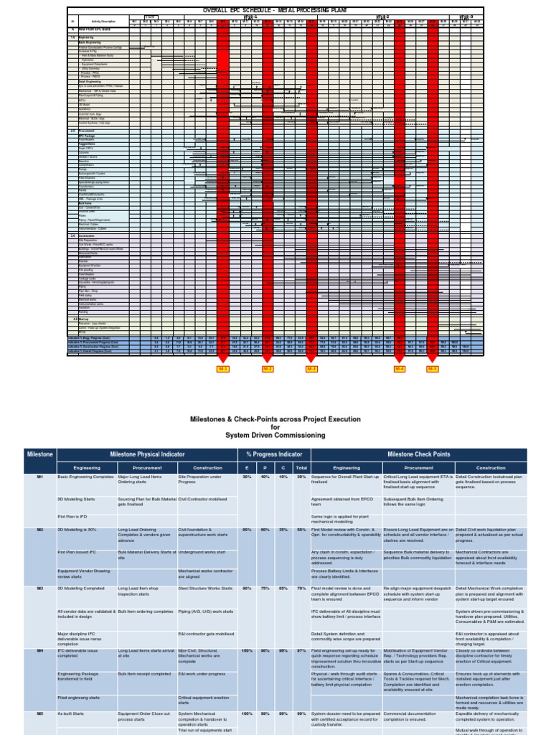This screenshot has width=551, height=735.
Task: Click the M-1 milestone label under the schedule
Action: (223, 369)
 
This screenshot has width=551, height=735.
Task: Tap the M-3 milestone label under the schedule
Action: (312, 369)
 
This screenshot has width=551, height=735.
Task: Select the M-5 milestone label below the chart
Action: (433, 369)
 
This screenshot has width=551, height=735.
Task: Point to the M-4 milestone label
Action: (400, 369)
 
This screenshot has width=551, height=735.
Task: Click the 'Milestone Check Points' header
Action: (419, 455)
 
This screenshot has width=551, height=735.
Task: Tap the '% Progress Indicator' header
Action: (273, 455)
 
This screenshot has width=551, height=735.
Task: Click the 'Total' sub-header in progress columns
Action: (301, 467)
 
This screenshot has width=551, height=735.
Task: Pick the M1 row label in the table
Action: (39, 477)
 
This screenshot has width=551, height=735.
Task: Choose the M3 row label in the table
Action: (39, 589)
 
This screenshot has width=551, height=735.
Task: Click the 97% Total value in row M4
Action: (301, 650)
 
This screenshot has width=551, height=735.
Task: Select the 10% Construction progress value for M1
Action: (284, 477)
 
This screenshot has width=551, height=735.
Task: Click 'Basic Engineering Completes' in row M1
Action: (85, 477)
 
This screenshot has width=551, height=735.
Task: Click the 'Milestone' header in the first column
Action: (39, 455)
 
